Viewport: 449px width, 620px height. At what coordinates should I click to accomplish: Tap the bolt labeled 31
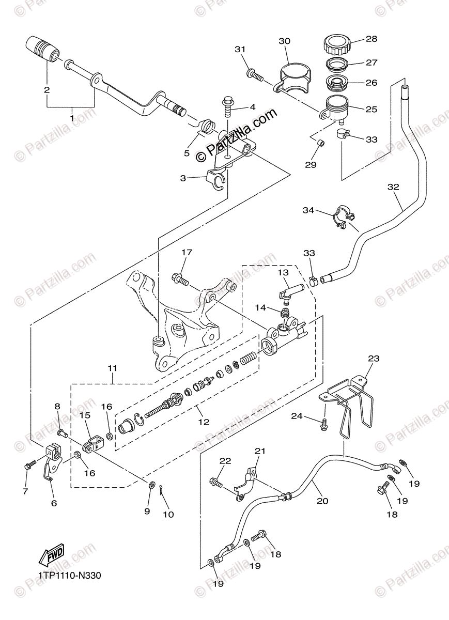pos(254,74)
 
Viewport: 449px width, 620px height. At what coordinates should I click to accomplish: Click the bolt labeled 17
pos(179,278)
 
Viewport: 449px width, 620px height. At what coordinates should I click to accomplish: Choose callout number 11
pos(113,368)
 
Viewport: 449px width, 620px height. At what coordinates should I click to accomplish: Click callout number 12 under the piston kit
pos(204,422)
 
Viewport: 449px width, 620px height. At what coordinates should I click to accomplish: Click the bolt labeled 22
pos(215,483)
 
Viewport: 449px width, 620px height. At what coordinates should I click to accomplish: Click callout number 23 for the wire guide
pos(374,359)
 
